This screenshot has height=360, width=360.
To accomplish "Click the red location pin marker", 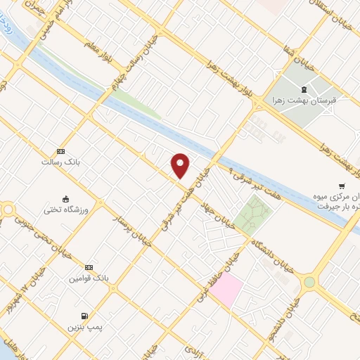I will point(181,165).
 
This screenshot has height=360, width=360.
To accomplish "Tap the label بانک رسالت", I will point(61,162).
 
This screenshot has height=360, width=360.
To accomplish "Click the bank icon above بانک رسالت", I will point(61,151).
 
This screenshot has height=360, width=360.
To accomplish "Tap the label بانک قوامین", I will point(88,278).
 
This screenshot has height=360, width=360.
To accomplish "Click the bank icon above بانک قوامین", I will point(89,268).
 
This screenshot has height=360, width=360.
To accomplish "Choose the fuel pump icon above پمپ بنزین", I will point(85,316).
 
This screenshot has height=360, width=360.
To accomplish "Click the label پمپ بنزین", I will point(81,327).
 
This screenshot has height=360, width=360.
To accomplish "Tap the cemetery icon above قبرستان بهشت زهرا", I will point(304,89).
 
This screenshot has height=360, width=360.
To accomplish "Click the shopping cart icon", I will point(342,186).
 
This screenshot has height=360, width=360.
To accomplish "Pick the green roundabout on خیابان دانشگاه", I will point(309,282).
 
